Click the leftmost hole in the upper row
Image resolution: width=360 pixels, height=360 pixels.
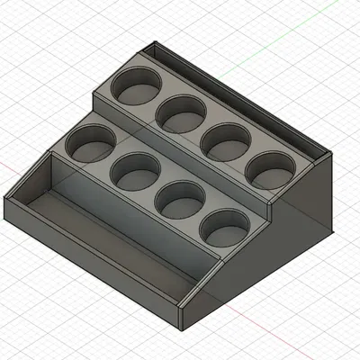point(137,86)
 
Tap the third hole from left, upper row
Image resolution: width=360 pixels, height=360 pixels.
point(225,139)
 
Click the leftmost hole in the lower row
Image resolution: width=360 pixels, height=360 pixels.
point(90,142)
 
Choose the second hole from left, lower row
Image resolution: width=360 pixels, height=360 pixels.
point(135,170)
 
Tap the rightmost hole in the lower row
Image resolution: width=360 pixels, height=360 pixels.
point(221,227)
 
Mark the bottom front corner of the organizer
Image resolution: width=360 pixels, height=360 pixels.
point(180,327)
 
